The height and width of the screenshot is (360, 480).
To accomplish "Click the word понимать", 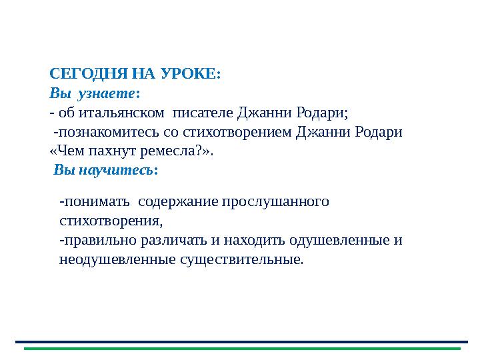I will [93, 201].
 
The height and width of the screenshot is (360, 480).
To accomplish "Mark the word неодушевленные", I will [117, 259].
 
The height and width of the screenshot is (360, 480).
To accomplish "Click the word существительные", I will [240, 259].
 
